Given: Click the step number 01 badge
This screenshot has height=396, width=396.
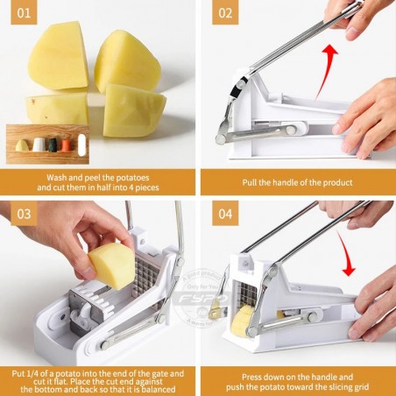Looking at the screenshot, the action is click(x=24, y=13).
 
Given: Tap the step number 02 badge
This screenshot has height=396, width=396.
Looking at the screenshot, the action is click(x=225, y=13).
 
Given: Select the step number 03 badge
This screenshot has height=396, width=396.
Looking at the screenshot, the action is click(x=24, y=214).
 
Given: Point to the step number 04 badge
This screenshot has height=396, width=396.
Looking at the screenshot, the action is click(x=225, y=214).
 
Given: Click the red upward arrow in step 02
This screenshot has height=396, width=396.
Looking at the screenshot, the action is click(x=325, y=70).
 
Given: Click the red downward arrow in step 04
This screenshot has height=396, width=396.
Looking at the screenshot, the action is click(x=345, y=252).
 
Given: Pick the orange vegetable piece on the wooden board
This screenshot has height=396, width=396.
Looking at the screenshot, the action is click(x=67, y=145).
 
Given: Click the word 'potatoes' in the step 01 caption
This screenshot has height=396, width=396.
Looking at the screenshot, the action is click(x=132, y=178).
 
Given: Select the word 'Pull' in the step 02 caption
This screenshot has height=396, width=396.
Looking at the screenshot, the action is click(x=249, y=182).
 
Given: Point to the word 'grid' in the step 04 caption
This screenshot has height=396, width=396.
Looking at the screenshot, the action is click(x=361, y=387).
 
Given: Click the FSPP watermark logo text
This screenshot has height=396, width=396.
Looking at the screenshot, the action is click(x=203, y=299).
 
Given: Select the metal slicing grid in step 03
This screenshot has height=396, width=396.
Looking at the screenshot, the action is click(x=146, y=274).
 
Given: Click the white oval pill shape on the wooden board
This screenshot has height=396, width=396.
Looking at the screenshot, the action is click(x=82, y=145).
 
